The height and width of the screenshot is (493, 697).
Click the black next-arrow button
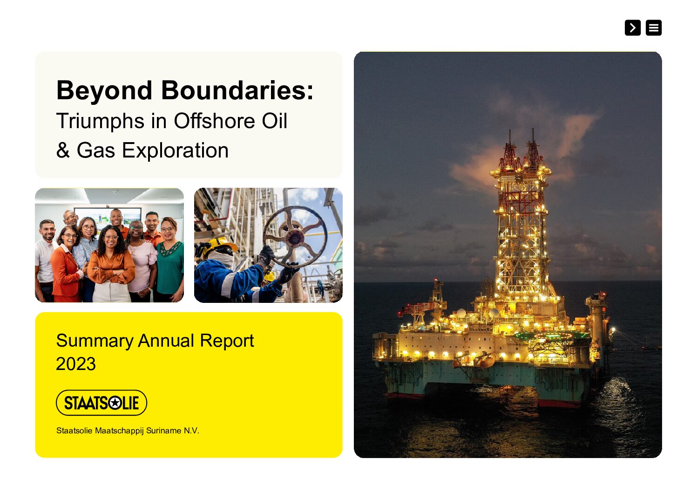632,27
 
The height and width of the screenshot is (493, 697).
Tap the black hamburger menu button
653,27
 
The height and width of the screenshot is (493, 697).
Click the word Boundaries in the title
237,90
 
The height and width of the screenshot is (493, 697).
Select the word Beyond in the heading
104,91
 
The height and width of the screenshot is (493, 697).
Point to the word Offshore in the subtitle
214,121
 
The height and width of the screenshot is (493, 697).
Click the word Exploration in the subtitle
175,151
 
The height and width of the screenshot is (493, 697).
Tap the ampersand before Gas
63,150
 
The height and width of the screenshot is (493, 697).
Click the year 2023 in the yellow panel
75,363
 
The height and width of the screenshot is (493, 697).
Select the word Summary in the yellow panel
95,341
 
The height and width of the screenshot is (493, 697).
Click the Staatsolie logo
102,403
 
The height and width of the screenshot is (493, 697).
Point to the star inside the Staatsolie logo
115,403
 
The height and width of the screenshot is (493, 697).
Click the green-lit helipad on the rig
551,336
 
